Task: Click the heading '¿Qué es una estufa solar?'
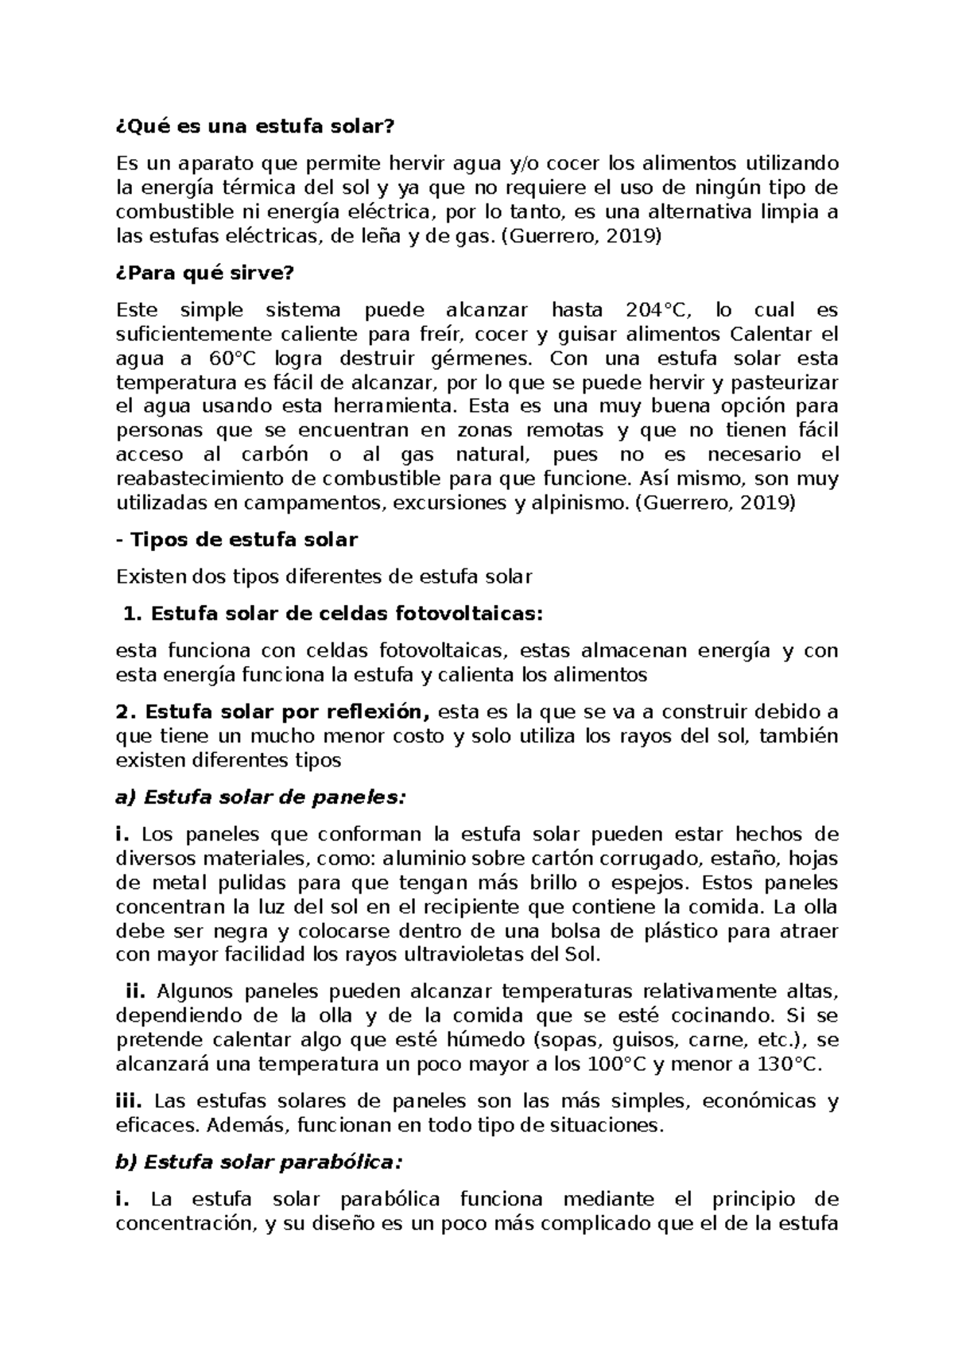(x=254, y=127)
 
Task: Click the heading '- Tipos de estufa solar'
(x=237, y=540)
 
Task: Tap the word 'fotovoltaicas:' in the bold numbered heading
(x=462, y=614)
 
